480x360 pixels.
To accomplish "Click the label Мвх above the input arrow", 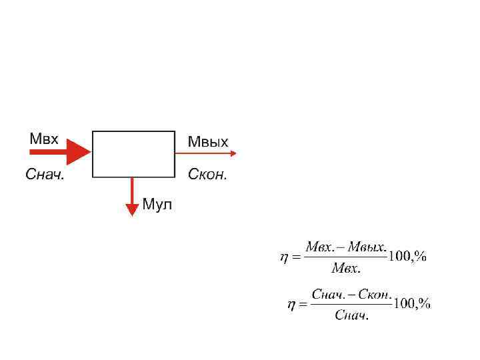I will tap(44, 139).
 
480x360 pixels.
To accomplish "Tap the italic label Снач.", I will tap(45, 175).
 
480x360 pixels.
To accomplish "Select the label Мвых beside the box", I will tap(208, 141).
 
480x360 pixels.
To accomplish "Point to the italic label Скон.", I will tap(207, 175).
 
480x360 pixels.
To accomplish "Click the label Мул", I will tap(157, 205).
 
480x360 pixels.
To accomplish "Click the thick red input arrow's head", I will tap(81, 153).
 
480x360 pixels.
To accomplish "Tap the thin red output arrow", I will tap(207, 153).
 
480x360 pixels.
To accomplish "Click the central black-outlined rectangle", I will tap(133, 154).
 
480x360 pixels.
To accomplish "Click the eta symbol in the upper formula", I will tap(283, 258).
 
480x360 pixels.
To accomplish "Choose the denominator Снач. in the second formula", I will tap(351, 315).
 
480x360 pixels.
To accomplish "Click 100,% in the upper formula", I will tap(408, 257).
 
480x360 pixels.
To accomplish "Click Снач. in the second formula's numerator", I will tap(329, 293).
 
